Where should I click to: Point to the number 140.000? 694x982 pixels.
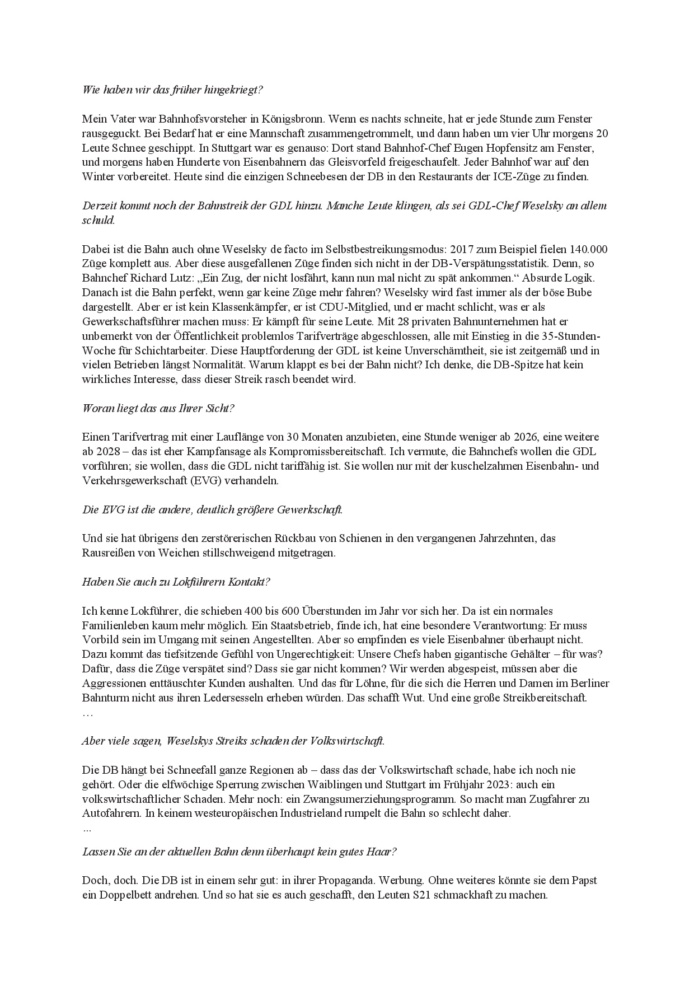(588, 249)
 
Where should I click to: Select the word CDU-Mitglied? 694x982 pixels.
(330, 307)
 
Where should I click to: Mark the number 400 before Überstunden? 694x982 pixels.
(237, 611)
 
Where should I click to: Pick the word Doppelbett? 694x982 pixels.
(116, 895)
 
